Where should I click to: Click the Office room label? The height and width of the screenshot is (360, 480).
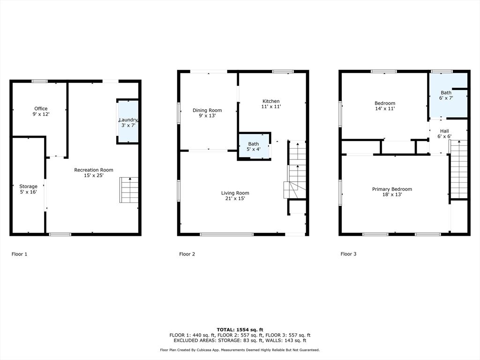[x=41, y=109]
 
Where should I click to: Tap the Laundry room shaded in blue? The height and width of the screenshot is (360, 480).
[x=128, y=121]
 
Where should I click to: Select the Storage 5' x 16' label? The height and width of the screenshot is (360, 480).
[x=28, y=189]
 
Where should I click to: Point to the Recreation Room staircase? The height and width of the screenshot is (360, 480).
[x=128, y=190]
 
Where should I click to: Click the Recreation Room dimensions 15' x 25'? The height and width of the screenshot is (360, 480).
[x=94, y=175]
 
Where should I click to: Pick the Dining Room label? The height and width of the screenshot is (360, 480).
[x=207, y=110]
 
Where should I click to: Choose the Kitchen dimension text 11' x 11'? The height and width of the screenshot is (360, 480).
[x=271, y=106]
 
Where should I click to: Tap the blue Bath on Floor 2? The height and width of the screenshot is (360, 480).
[x=254, y=146]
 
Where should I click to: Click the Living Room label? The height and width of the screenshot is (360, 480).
[x=235, y=193]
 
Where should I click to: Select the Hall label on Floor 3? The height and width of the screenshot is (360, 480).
[x=444, y=131]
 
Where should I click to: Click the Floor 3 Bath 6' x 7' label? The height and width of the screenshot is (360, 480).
[x=446, y=95]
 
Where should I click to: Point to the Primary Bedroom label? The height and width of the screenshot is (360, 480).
[x=392, y=189]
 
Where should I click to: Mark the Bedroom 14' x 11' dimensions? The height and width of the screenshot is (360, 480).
[x=385, y=108]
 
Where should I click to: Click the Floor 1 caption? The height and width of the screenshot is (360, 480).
[x=19, y=254]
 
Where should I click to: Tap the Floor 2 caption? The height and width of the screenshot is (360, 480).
[x=187, y=254]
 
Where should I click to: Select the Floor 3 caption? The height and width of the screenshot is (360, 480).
[x=348, y=254]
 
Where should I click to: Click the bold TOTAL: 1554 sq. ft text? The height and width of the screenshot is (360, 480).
[x=240, y=330]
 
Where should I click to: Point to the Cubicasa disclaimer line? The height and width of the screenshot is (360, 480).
[x=240, y=350]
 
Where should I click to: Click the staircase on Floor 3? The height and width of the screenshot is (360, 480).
[x=458, y=169]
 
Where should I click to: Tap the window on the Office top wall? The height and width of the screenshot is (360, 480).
[x=40, y=81]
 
